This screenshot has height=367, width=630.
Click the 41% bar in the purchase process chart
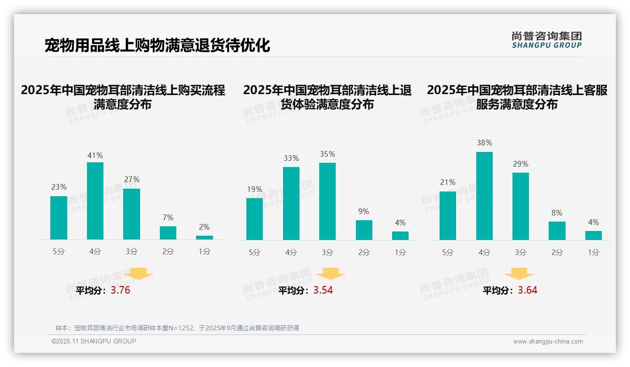95,201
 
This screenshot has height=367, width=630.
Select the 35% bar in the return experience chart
327,201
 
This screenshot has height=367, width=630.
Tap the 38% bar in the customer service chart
484,196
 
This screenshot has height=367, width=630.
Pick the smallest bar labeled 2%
205,238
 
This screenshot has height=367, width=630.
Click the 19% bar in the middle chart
254,219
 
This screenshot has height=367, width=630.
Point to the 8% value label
557,213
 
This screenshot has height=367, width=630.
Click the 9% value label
363,212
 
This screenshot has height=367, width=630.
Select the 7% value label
168,218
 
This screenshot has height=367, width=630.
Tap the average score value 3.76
120,290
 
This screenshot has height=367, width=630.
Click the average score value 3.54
323,290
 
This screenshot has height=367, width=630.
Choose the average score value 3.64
528,290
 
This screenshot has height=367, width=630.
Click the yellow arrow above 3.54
331,274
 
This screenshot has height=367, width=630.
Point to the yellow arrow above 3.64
519,274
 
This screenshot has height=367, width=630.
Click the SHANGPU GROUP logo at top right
546,40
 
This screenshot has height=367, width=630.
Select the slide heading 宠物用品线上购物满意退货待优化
157,46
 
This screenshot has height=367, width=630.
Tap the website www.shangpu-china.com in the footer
548,342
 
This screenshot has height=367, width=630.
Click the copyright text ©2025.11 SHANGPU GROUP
94,341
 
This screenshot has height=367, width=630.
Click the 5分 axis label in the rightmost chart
448,253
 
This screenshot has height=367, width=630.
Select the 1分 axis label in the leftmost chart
205,252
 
